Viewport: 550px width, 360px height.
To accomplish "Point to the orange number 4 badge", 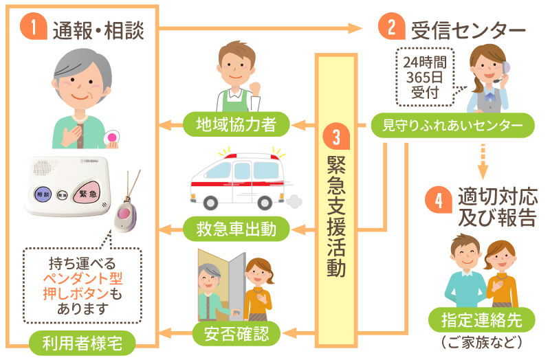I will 439,199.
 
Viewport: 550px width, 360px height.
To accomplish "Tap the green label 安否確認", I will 234,335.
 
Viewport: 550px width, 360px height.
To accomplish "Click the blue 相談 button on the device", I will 43,194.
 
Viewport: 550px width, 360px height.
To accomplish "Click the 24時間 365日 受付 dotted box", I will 424,76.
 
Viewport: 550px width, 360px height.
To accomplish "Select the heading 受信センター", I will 468,30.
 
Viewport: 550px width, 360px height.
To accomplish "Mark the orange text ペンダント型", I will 82,278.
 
